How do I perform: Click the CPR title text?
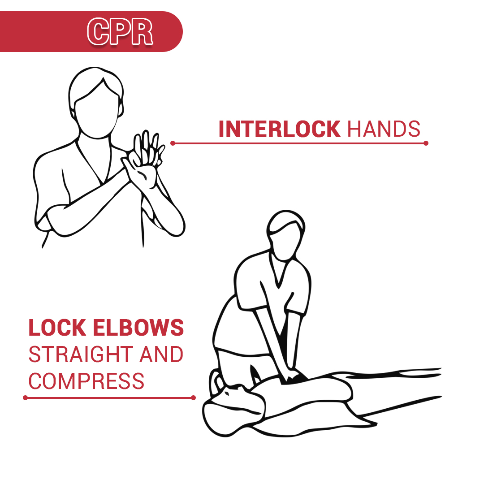(120, 32)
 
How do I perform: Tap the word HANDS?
(384, 129)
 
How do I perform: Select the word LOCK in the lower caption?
(57, 328)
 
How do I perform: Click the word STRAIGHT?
(81, 354)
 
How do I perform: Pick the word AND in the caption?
(161, 354)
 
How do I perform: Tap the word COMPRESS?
(86, 381)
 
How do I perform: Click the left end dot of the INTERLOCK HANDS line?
(173, 143)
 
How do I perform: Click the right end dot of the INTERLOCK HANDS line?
(426, 143)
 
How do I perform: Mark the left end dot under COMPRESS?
(26, 398)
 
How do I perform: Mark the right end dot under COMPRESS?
(193, 398)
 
